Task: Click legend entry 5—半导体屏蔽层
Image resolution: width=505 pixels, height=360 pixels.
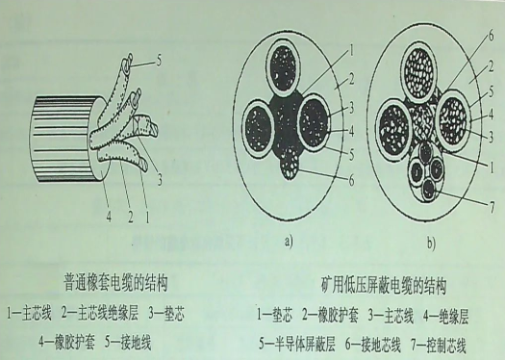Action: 309,342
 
